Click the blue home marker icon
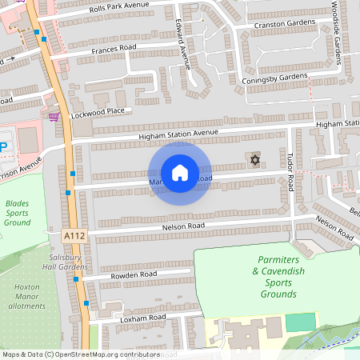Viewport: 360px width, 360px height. click(180, 172)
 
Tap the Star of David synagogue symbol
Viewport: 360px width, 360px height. click(256, 161)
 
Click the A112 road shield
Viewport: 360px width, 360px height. click(72, 237)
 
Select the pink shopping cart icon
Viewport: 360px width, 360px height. click(54, 117)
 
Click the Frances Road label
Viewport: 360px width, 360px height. click(114, 50)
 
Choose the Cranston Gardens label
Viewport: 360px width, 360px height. click(286, 25)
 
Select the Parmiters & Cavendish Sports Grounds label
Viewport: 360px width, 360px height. click(278, 277)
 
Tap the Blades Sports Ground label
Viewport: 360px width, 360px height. click(17, 212)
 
